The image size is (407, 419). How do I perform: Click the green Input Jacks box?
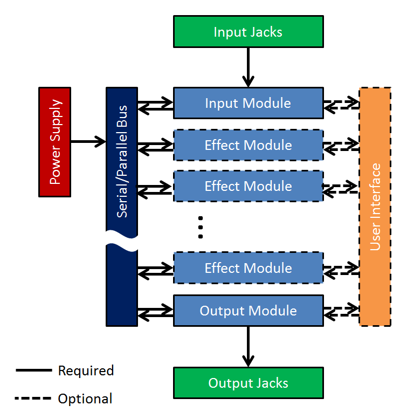tap(249, 31)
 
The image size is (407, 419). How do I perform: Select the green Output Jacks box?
tap(249, 383)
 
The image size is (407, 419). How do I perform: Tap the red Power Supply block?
tap(55, 142)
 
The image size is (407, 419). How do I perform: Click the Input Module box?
tap(249, 103)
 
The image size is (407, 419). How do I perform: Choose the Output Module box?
tap(249, 311)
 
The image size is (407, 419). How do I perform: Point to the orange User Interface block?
tap(375, 207)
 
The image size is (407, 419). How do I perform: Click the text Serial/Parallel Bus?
tap(122, 161)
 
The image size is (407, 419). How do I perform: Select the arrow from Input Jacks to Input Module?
tap(249, 67)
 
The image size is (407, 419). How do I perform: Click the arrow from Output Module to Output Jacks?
tap(249, 347)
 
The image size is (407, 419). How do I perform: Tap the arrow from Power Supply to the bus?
tap(88, 141)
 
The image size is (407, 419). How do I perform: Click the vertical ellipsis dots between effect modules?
tap(201, 228)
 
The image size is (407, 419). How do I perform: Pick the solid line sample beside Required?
tap(33, 370)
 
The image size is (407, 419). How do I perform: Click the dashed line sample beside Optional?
tap(33, 398)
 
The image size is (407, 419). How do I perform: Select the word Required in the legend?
tap(86, 370)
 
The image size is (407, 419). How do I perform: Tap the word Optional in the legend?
tap(85, 399)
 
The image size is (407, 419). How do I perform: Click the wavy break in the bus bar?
tap(122, 241)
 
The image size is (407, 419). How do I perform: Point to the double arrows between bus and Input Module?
tap(155, 106)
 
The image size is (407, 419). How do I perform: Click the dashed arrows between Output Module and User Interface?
tap(341, 312)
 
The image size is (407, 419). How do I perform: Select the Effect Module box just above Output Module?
tap(249, 268)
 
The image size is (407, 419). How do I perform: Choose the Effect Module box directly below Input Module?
tap(249, 145)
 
